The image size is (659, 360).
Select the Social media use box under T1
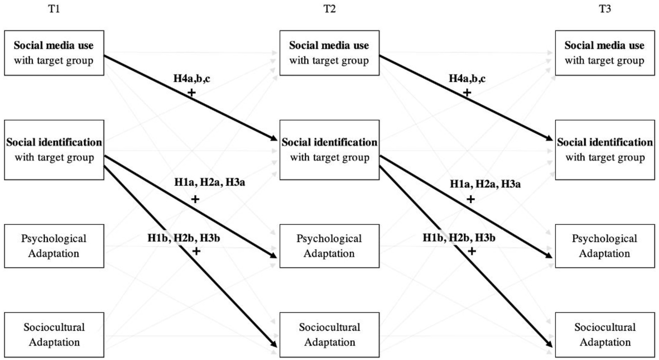pyautogui.click(x=54, y=53)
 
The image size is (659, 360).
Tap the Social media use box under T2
pyautogui.click(x=329, y=53)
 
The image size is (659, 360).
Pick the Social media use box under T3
pyautogui.click(x=604, y=53)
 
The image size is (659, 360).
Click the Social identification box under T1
pyautogui.click(x=54, y=150)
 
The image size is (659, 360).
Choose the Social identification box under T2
pyautogui.click(x=329, y=150)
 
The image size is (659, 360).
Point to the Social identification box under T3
pyautogui.click(x=604, y=150)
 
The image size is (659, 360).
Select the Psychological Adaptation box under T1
pyautogui.click(x=54, y=246)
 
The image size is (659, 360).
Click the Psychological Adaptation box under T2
pyautogui.click(x=329, y=246)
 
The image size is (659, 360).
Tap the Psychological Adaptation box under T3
pyautogui.click(x=604, y=246)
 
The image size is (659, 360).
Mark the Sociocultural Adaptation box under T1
pyautogui.click(x=54, y=335)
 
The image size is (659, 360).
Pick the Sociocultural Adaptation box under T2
pyautogui.click(x=329, y=335)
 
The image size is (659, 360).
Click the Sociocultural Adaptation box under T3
pyautogui.click(x=604, y=335)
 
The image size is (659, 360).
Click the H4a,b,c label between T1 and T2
pyautogui.click(x=191, y=79)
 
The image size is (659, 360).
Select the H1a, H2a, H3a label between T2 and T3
pyautogui.click(x=485, y=184)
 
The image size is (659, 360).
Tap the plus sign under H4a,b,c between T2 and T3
pyautogui.click(x=467, y=92)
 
